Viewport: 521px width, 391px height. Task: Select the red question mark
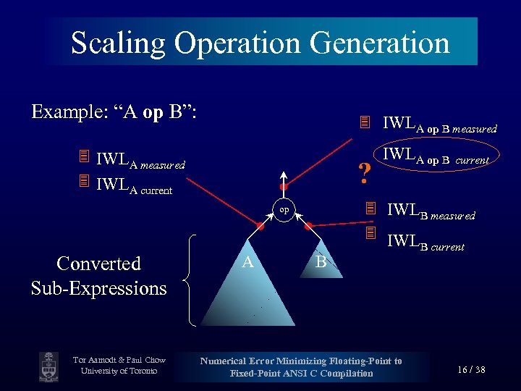click(365, 173)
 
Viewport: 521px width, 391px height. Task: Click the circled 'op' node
click(284, 210)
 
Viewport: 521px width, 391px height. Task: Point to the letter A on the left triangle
click(247, 261)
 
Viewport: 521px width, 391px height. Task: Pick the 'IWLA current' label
click(134, 190)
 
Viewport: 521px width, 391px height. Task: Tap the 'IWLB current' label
click(425, 243)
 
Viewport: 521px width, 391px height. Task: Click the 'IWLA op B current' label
click(436, 156)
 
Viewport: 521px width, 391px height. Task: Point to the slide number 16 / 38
click(471, 370)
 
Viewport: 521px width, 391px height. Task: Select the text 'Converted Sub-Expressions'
click(98, 276)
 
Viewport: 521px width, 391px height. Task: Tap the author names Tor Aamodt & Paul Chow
click(119, 361)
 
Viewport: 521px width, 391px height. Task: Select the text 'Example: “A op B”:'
click(115, 112)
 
